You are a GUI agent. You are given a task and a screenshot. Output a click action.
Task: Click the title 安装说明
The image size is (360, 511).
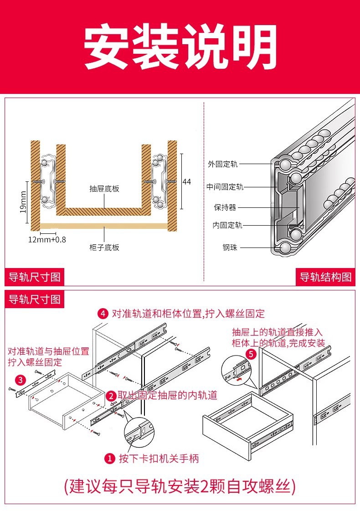[180, 47]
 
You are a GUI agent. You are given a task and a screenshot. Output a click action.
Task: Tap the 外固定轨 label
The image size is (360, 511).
[222, 164]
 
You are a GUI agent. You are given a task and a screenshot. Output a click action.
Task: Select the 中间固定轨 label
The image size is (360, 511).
[225, 186]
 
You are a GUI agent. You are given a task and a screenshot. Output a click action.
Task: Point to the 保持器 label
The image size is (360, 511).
[225, 207]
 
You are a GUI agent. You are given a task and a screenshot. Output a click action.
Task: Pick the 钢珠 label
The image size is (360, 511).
[230, 248]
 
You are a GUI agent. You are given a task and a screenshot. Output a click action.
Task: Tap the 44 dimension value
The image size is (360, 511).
[186, 181]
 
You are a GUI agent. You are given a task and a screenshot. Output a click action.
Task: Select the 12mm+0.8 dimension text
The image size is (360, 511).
[47, 239]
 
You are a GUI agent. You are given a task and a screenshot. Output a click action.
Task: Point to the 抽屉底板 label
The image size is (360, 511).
[104, 189]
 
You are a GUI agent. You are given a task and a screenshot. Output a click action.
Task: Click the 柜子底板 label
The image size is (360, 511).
[104, 248]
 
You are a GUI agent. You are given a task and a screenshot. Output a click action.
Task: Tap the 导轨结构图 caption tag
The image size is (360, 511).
[325, 277]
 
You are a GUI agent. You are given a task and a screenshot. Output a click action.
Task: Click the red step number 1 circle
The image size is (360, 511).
[109, 458]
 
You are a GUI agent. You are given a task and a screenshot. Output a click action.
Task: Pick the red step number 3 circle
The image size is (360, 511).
[20, 379]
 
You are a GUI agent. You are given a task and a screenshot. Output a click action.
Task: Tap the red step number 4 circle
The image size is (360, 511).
[103, 314]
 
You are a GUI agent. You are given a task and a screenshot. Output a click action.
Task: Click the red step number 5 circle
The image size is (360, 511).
[251, 354]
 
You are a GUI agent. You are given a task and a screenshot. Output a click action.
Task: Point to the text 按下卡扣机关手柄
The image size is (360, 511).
[159, 458]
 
